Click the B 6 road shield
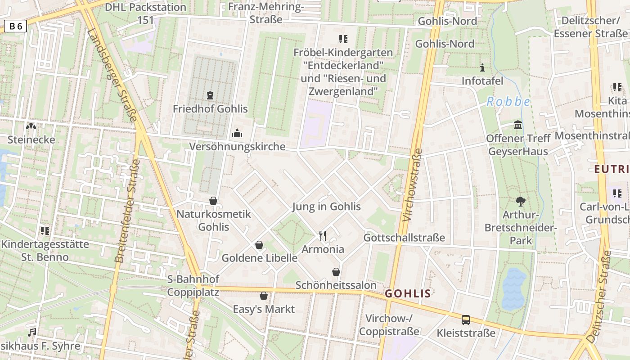click(x=16, y=27)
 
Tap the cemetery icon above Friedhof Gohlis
click(x=210, y=95)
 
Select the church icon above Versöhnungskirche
click(x=237, y=133)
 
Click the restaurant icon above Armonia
click(x=322, y=235)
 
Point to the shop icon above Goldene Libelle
click(x=259, y=245)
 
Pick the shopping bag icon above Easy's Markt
click(x=264, y=296)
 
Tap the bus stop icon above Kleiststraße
click(x=466, y=320)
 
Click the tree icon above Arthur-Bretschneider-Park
click(x=521, y=201)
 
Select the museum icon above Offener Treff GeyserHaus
click(x=518, y=125)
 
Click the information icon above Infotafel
click(x=483, y=68)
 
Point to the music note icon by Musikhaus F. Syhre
click(x=32, y=333)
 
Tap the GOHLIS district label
click(x=408, y=294)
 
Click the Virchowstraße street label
click(x=413, y=184)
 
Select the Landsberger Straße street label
click(x=112, y=76)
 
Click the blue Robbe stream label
click(x=508, y=102)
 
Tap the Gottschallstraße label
click(x=404, y=238)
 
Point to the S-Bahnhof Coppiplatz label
click(x=193, y=286)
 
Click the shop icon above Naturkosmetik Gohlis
click(x=213, y=200)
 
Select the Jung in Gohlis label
click(x=326, y=207)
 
